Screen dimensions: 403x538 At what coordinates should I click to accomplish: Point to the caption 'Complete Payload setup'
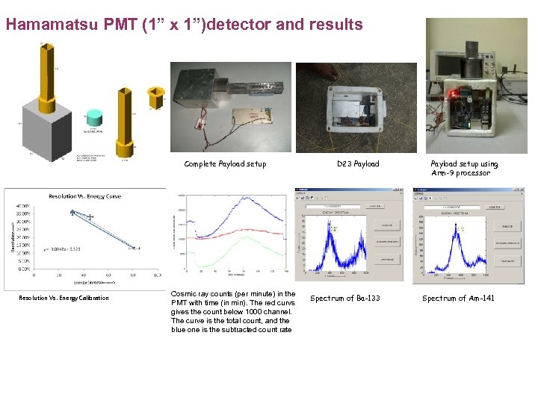click(225, 163)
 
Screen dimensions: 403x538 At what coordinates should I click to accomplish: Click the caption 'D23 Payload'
click(357, 163)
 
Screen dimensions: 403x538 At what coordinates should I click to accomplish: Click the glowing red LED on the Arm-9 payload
click(453, 95)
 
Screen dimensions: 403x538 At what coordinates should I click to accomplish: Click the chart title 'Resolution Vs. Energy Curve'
click(85, 196)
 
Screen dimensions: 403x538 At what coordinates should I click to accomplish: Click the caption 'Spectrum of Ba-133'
click(344, 299)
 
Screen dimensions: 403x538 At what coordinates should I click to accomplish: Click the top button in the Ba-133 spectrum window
click(386, 225)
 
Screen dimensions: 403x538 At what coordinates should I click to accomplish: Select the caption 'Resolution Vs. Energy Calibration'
click(63, 299)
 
